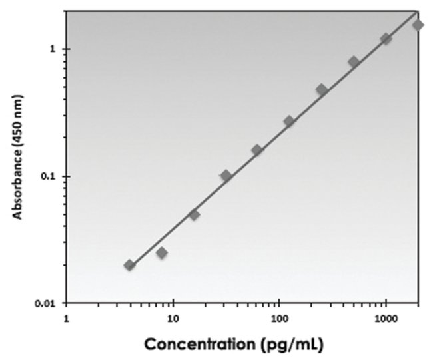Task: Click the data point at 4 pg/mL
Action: point(129,265)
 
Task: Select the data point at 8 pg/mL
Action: point(161,252)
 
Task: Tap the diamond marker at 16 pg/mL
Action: point(194,214)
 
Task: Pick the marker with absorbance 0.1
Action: point(226,176)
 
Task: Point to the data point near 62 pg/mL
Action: point(257,150)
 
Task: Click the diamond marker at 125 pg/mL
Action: point(289,121)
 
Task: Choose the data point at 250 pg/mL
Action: point(322,89)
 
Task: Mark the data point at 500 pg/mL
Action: point(354,61)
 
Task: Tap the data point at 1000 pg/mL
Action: point(386,39)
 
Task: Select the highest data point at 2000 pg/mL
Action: point(418,25)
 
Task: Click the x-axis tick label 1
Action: point(66,317)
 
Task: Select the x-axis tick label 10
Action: point(173,317)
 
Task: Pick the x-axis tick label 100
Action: point(278,317)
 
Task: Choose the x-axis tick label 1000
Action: point(385,317)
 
